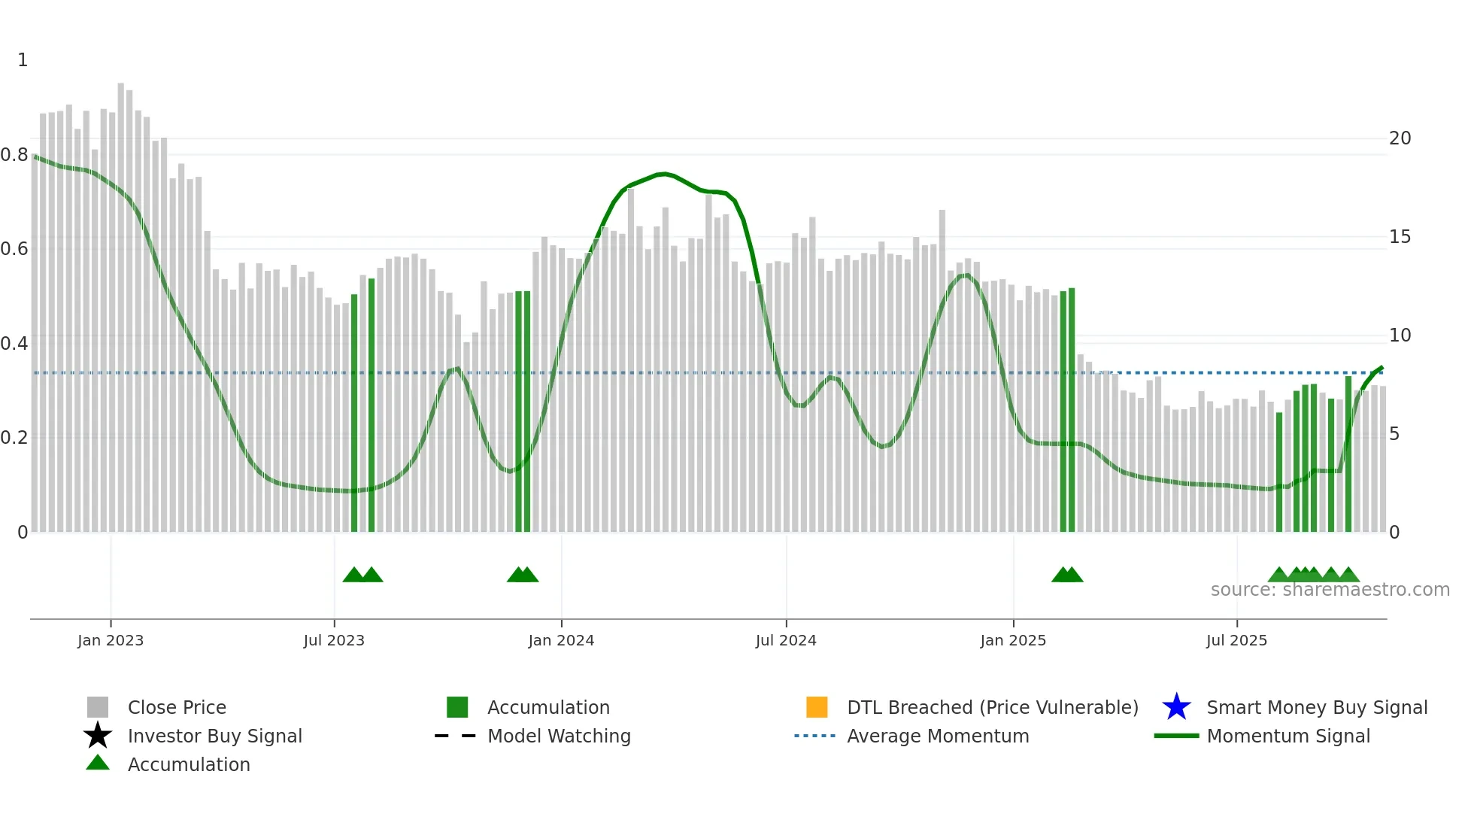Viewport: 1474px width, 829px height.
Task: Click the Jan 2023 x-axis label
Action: pos(110,640)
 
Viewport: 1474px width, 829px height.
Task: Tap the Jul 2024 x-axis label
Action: pos(785,640)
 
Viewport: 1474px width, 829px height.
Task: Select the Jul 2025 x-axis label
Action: pos(1236,640)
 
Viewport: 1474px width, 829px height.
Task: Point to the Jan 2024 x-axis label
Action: pos(561,640)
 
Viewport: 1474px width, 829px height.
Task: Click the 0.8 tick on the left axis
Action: pos(14,155)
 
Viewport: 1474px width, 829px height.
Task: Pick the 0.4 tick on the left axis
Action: pos(14,344)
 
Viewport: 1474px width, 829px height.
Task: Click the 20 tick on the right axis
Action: pos(1400,138)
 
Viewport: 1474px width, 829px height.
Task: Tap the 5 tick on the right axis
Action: pos(1394,434)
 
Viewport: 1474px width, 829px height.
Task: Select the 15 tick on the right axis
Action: pos(1400,237)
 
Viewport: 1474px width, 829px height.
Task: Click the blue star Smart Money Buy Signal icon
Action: pos(1176,707)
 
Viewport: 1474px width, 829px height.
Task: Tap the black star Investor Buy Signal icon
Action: pos(98,736)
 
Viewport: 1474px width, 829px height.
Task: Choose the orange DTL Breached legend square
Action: pos(817,707)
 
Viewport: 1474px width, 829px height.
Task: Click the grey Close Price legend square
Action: pos(98,707)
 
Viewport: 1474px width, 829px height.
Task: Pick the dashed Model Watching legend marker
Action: pos(456,736)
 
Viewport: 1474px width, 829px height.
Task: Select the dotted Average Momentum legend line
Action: pos(815,736)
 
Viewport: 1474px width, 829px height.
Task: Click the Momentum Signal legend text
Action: pos(1288,736)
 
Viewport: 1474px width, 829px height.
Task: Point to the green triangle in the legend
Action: pos(98,763)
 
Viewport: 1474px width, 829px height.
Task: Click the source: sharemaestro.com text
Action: pos(1330,590)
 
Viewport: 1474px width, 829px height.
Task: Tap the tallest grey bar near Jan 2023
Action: pos(121,301)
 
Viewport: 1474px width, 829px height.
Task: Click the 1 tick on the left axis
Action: pos(23,60)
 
